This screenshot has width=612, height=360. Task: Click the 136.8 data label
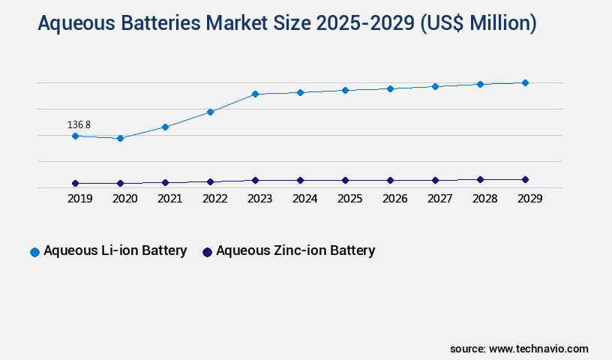(x=79, y=124)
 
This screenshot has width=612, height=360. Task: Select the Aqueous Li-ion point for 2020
(x=120, y=138)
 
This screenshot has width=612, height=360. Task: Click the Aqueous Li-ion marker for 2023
(x=255, y=94)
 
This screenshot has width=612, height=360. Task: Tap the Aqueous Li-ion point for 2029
(x=525, y=82)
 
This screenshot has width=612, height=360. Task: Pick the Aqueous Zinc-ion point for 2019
(x=75, y=183)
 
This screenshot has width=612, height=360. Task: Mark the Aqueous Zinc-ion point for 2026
(x=390, y=180)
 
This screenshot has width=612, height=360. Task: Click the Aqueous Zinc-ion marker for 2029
(x=525, y=179)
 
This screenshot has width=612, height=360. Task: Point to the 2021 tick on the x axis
(x=169, y=199)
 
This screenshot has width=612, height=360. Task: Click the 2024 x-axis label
(x=304, y=199)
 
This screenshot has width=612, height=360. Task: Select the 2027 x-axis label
(x=439, y=199)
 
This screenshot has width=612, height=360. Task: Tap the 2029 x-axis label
(x=529, y=199)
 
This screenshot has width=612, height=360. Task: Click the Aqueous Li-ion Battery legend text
(x=115, y=250)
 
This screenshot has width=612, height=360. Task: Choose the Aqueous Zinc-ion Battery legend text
(x=295, y=250)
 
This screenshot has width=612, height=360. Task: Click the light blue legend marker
(x=34, y=252)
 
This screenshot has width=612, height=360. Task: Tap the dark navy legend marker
(x=207, y=252)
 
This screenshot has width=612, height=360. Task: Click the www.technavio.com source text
(x=538, y=349)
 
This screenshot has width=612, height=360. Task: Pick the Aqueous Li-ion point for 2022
(x=210, y=112)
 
